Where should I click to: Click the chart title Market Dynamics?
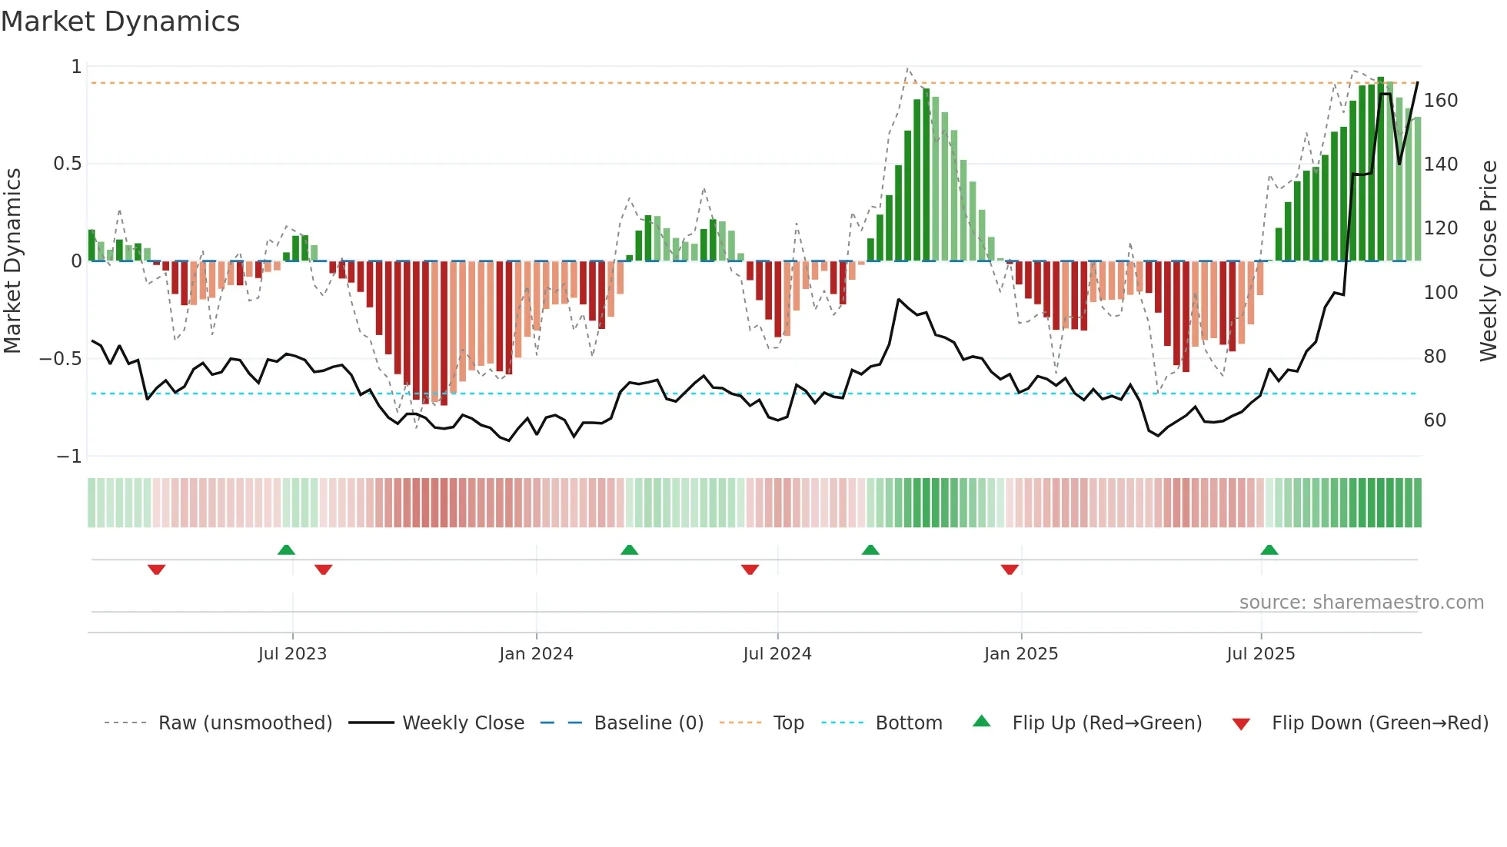[x=120, y=22]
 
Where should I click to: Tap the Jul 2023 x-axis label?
[x=292, y=654]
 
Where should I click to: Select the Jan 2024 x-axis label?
[x=536, y=654]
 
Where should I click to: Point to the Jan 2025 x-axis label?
[x=1021, y=654]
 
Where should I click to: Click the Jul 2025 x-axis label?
[x=1261, y=654]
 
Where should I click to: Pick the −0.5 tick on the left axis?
[x=61, y=359]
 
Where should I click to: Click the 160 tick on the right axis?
[x=1441, y=101]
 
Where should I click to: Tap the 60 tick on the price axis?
[x=1435, y=420]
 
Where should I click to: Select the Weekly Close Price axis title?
[x=1489, y=261]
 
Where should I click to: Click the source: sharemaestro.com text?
[x=1361, y=603]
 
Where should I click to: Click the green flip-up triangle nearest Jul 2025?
[x=1269, y=550]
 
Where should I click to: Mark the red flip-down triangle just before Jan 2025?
[x=1010, y=570]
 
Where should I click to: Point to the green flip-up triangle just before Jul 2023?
[x=286, y=550]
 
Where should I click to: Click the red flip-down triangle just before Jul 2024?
[x=750, y=570]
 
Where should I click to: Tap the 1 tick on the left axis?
[x=76, y=67]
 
